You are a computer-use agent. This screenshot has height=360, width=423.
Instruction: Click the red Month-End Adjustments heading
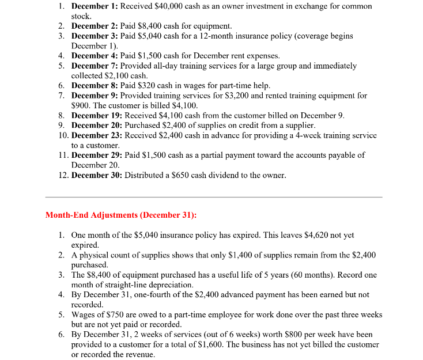pyautogui.click(x=120, y=215)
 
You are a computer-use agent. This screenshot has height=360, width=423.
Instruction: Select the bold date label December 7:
pyautogui.click(x=97, y=66)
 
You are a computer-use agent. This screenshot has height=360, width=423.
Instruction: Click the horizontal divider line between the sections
pyautogui.click(x=213, y=197)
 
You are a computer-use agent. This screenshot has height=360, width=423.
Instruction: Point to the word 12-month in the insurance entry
pyautogui.click(x=222, y=36)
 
